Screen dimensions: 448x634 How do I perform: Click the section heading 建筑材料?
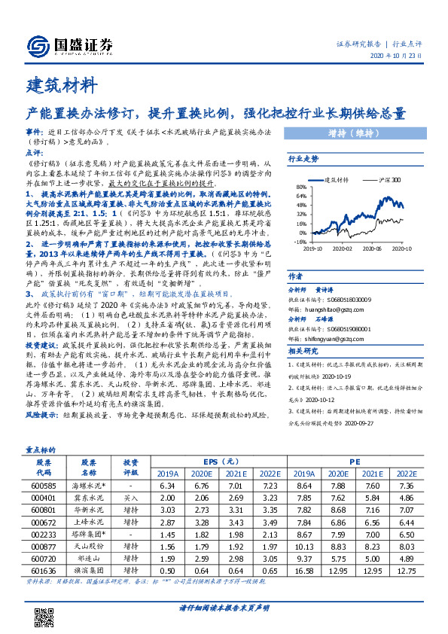tap(61, 83)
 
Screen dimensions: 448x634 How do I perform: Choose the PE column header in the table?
tap(355, 462)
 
